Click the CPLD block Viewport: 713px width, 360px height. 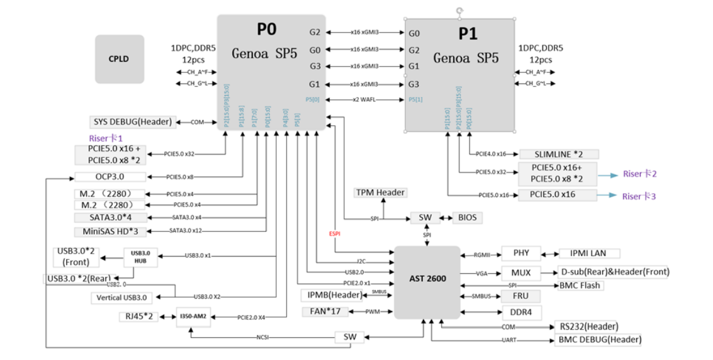[x=120, y=59]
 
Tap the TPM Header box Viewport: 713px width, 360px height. [x=381, y=192]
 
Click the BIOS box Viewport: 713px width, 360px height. [x=468, y=218]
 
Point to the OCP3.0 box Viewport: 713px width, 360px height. [x=110, y=177]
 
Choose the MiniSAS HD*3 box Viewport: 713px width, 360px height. [x=110, y=231]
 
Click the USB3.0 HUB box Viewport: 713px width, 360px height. [x=140, y=257]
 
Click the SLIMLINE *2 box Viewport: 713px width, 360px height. [x=558, y=154]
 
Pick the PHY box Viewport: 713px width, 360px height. [x=521, y=254]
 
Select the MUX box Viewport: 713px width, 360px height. [x=521, y=273]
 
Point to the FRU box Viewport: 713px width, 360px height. [x=521, y=296]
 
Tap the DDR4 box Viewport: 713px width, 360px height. [x=521, y=312]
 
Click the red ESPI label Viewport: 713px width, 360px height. [x=334, y=233]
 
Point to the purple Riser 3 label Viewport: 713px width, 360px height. [x=639, y=196]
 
